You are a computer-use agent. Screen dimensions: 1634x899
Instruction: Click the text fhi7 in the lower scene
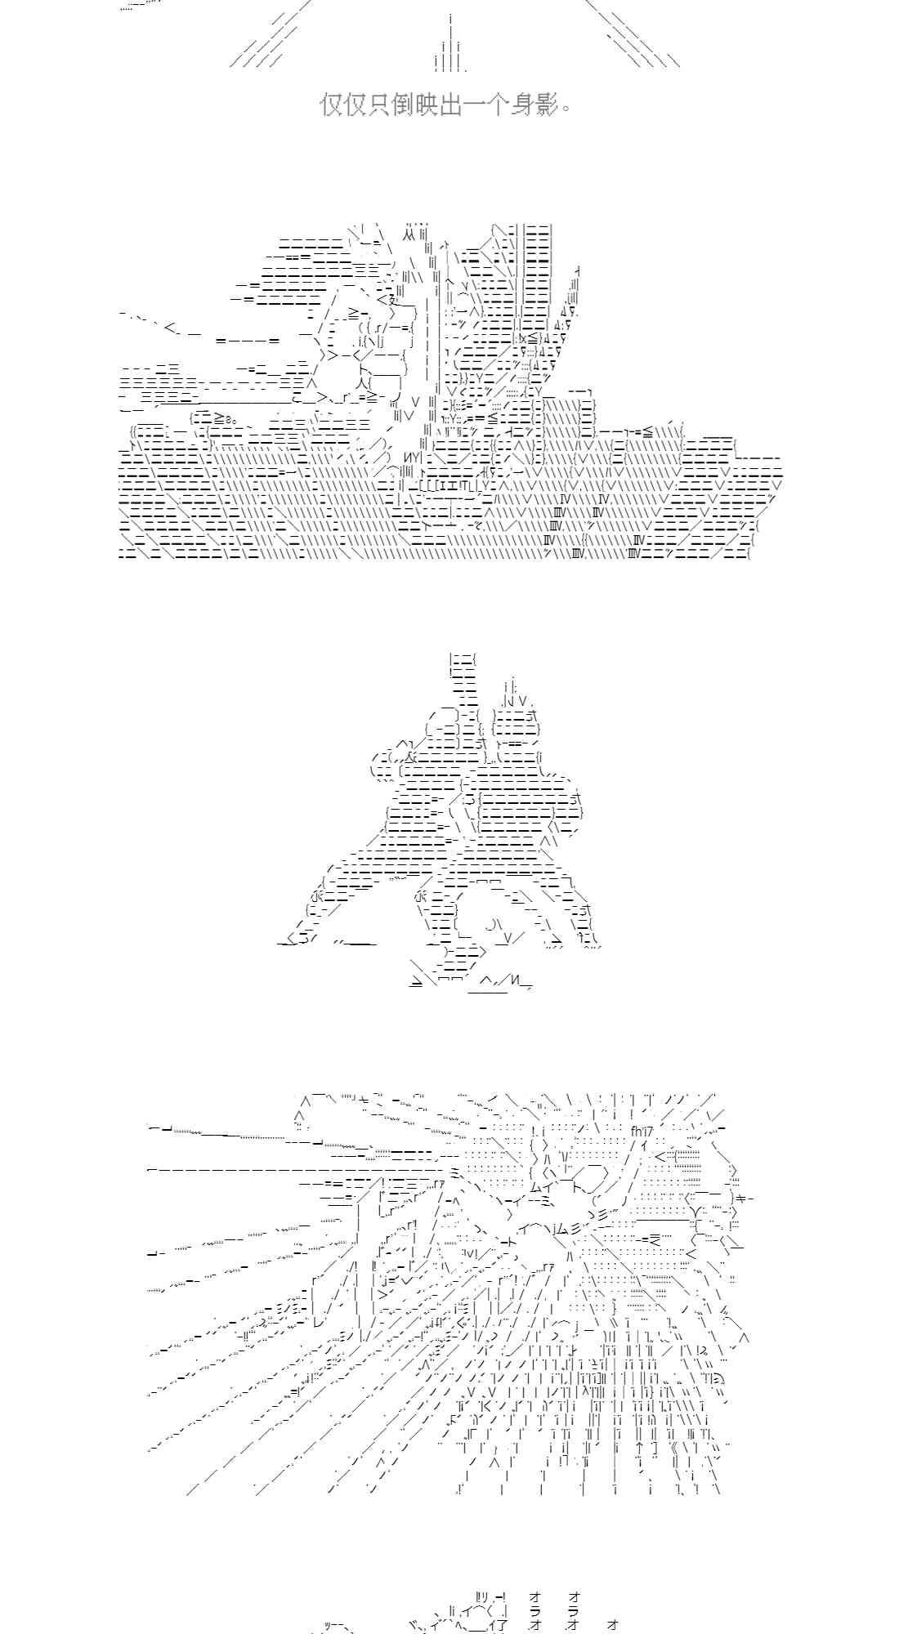tap(643, 1132)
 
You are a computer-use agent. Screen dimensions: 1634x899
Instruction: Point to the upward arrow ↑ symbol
tap(639, 1447)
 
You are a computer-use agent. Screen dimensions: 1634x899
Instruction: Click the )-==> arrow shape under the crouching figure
tap(464, 952)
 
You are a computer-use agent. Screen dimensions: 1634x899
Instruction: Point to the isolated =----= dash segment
tap(248, 340)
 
